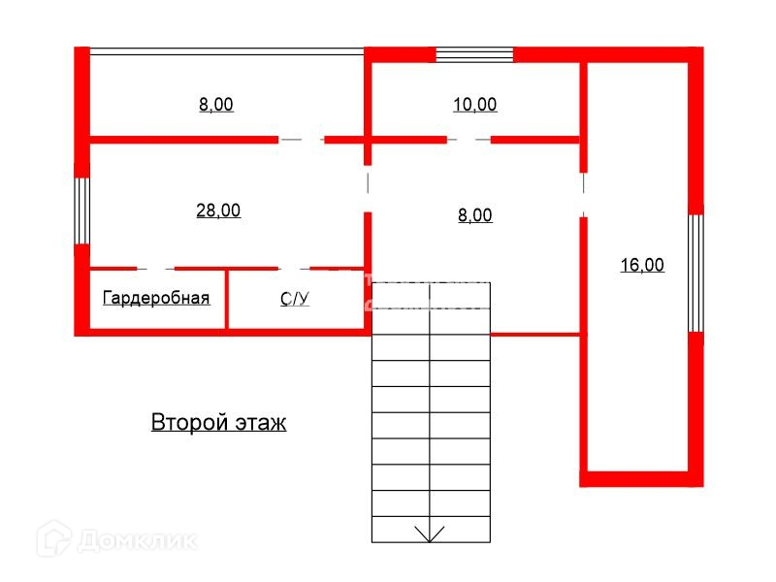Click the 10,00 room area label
pyautogui.click(x=474, y=105)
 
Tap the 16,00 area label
pyautogui.click(x=642, y=264)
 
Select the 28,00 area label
pyautogui.click(x=218, y=210)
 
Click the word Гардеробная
pyautogui.click(x=156, y=299)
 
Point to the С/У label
pyautogui.click(x=295, y=300)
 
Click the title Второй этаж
pyautogui.click(x=218, y=423)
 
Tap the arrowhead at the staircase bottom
pyautogui.click(x=429, y=532)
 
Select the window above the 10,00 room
pyautogui.click(x=474, y=54)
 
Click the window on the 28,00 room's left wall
pyautogui.click(x=82, y=210)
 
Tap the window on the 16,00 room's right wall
pyautogui.click(x=695, y=273)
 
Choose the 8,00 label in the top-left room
pyautogui.click(x=216, y=105)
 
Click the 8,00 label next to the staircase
pyautogui.click(x=474, y=216)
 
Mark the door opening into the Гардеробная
pyautogui.click(x=155, y=269)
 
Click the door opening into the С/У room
pyautogui.click(x=289, y=269)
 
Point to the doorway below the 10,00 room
pyautogui.click(x=469, y=140)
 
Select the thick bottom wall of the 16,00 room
pyautogui.click(x=641, y=478)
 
